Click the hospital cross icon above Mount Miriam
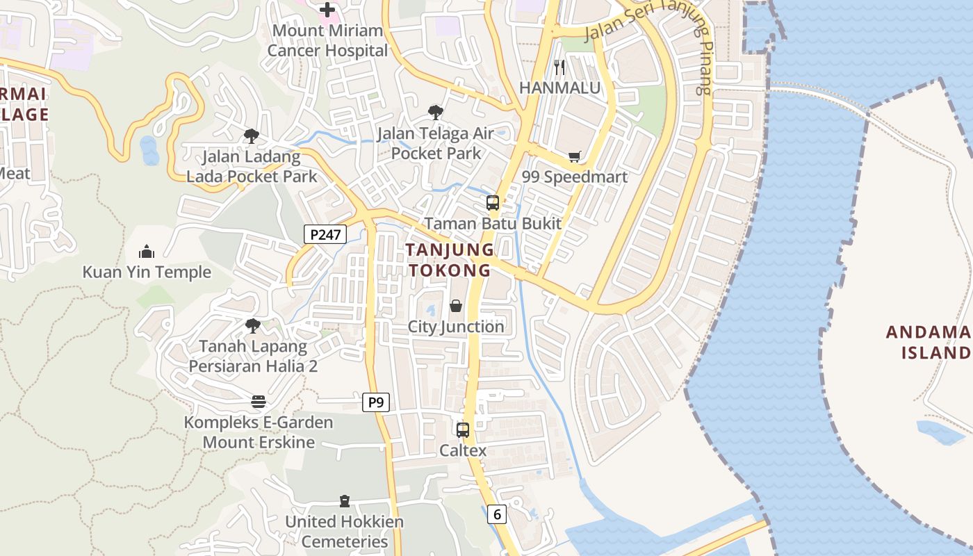click(x=327, y=10)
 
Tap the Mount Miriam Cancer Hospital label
click(x=327, y=40)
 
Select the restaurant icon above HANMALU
click(x=559, y=67)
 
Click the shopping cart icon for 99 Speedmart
click(x=574, y=157)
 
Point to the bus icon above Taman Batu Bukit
click(x=493, y=203)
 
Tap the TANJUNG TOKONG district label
click(x=450, y=260)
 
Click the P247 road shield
click(x=325, y=235)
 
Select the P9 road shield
click(x=375, y=402)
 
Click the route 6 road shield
click(x=497, y=514)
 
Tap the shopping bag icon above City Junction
click(x=456, y=306)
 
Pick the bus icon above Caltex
click(x=463, y=430)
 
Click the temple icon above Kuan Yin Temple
click(x=147, y=251)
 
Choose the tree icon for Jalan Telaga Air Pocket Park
click(x=436, y=112)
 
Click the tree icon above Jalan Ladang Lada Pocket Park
click(x=252, y=136)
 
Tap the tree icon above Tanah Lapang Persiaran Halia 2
click(x=253, y=325)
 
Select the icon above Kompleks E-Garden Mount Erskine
click(x=259, y=402)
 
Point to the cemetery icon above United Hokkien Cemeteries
click(x=344, y=501)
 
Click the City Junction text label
click(x=456, y=327)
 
